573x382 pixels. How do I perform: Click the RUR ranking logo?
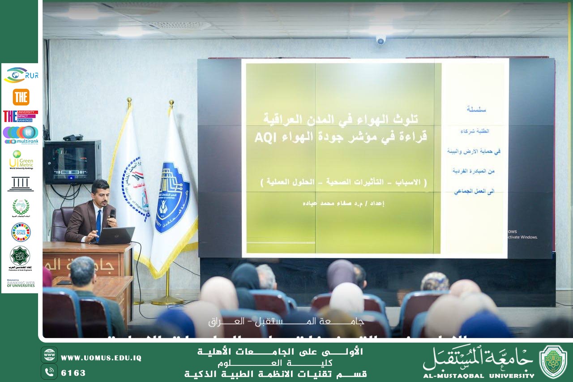[x=21, y=75]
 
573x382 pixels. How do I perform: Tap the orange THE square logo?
[x=21, y=97]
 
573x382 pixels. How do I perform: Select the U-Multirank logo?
[x=21, y=134]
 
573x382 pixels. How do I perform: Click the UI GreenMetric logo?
[x=21, y=159]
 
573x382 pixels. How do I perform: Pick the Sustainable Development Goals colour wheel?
[x=21, y=232]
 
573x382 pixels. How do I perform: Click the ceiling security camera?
[x=381, y=40]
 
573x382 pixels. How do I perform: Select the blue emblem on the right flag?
[x=172, y=197]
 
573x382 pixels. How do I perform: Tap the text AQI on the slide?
[x=264, y=137]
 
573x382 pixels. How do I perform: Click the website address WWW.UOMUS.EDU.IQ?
[x=101, y=358]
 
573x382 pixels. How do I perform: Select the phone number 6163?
[x=73, y=373]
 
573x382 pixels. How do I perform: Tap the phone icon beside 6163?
[x=49, y=372]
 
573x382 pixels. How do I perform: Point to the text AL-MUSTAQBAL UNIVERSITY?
[x=479, y=376]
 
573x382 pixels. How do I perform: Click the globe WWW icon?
[x=49, y=355]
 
